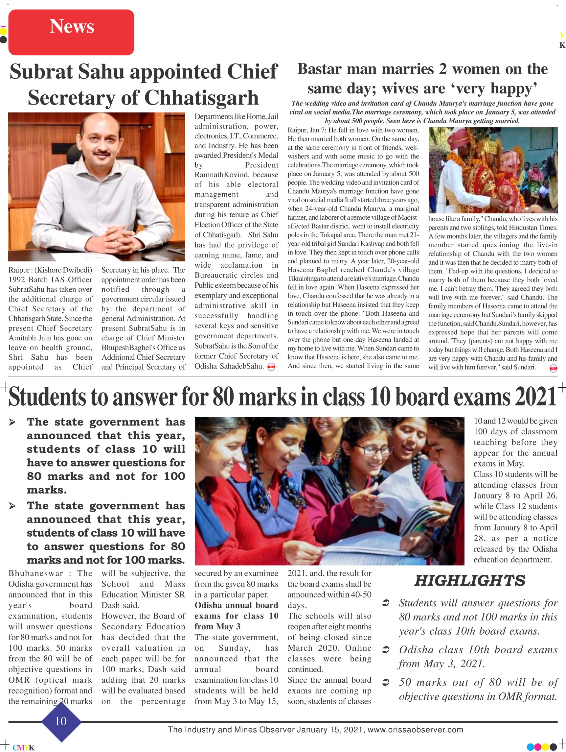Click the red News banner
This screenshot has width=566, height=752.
(x=71, y=32)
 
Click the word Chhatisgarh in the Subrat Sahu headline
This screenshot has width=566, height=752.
(x=201, y=98)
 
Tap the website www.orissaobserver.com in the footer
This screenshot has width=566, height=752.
(x=416, y=730)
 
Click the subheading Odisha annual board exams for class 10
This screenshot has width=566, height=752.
(x=236, y=616)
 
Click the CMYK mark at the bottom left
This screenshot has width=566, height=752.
(x=23, y=747)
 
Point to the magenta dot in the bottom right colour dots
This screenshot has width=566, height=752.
(x=538, y=746)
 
